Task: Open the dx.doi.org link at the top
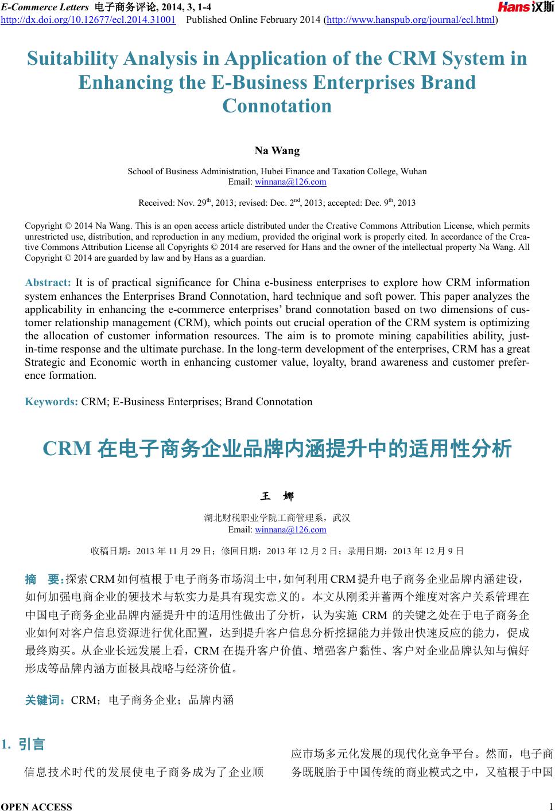(88, 21)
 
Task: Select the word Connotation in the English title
(277, 106)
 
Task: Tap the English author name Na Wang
(277, 151)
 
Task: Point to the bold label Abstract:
(48, 283)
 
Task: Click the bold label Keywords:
(51, 402)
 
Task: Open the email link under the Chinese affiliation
(290, 530)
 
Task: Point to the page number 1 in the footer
(550, 806)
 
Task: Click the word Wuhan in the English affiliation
(414, 171)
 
